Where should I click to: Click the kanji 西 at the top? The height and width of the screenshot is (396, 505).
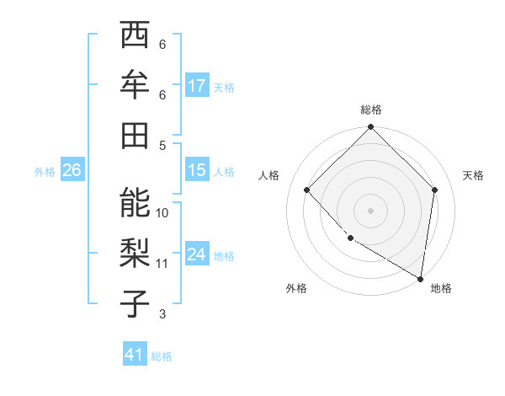pos(135,36)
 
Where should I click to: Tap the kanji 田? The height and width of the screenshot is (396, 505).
pos(135,135)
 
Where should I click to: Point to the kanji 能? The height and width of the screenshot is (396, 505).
pos(135,203)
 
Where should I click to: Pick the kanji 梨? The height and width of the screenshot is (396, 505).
pos(135,254)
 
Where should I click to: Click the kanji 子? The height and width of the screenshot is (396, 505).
pos(135,303)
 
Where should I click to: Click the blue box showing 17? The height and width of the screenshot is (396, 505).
pos(197,86)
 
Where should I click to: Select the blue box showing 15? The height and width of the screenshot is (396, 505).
pos(197,170)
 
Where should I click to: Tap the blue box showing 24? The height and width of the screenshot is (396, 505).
pos(197,254)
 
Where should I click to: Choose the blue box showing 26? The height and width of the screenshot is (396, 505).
pos(72,170)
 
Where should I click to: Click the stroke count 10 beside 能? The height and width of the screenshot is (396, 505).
pos(162,212)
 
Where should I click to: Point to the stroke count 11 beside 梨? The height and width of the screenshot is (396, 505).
pos(162,264)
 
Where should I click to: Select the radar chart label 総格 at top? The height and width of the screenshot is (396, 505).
pos(370,110)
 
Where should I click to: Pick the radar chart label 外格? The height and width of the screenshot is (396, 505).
pos(296,288)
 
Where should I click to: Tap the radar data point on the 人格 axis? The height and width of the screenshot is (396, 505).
pos(307,190)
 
